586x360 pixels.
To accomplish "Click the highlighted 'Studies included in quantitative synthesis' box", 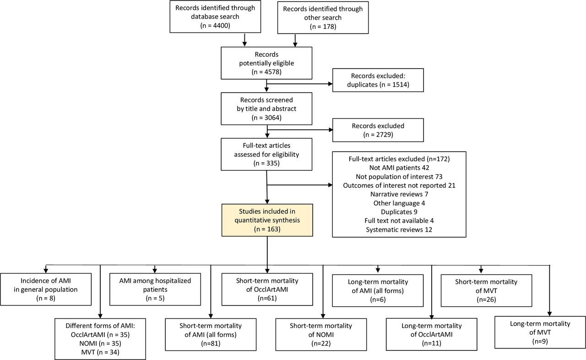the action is [x=267, y=220].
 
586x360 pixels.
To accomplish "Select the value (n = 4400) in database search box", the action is [x=215, y=25].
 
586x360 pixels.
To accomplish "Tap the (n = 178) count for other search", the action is [x=323, y=27].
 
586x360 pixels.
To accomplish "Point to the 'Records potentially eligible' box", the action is [x=266, y=63].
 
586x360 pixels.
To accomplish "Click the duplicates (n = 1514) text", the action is [x=378, y=85].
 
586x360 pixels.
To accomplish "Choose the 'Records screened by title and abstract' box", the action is [x=266, y=109].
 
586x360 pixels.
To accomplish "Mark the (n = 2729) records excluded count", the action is [x=378, y=135].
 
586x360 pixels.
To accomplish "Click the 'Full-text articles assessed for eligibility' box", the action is [x=266, y=154].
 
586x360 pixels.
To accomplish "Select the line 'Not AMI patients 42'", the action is [x=399, y=168].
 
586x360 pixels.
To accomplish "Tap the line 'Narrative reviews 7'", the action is [x=399, y=194].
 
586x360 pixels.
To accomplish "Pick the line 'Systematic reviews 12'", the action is [x=399, y=229].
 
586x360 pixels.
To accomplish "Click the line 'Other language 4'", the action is [x=399, y=203].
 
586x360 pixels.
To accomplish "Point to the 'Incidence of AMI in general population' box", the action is [x=46, y=289].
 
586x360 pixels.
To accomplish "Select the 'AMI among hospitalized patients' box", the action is [x=155, y=289].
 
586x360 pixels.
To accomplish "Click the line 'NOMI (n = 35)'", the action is [x=100, y=343].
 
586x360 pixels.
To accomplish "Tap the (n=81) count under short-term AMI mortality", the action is [x=211, y=343].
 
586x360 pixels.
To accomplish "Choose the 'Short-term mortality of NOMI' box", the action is [x=321, y=335].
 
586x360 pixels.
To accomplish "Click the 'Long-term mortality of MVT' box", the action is [x=540, y=332].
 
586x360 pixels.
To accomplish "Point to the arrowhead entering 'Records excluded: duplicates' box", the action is [x=331, y=84].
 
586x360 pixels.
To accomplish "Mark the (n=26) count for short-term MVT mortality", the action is [x=486, y=299].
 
